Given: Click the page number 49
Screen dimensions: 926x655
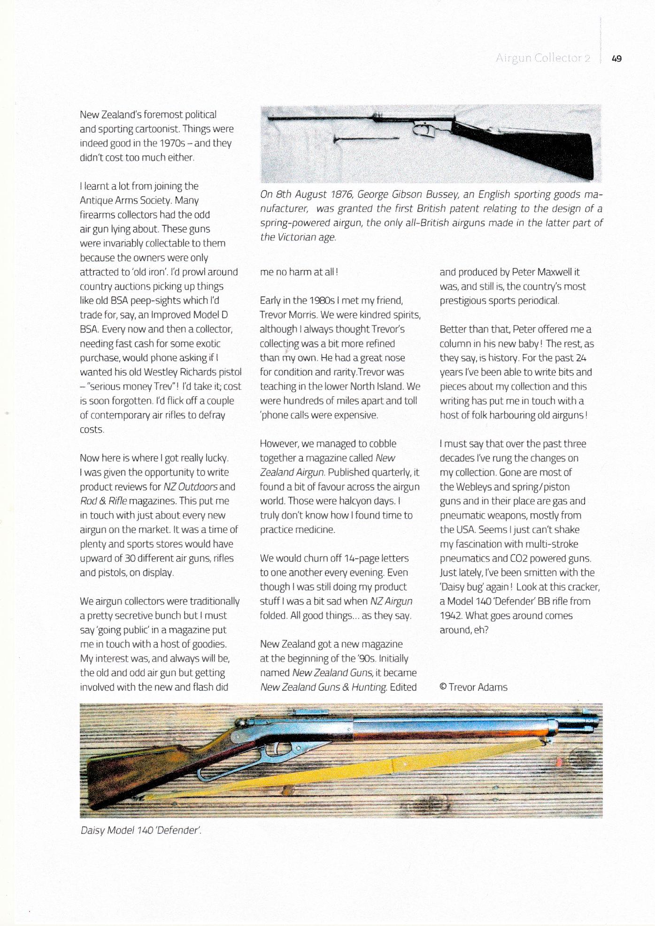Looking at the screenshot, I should click(616, 59).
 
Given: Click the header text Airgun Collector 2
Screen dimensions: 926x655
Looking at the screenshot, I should click(542, 58).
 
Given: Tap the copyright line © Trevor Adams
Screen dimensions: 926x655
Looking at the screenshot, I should click(473, 687).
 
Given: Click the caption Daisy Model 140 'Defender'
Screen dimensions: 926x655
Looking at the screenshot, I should click(141, 830).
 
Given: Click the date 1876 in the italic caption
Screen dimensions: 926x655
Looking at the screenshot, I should click(344, 194).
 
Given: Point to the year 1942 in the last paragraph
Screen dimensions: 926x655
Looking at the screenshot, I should click(450, 616).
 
